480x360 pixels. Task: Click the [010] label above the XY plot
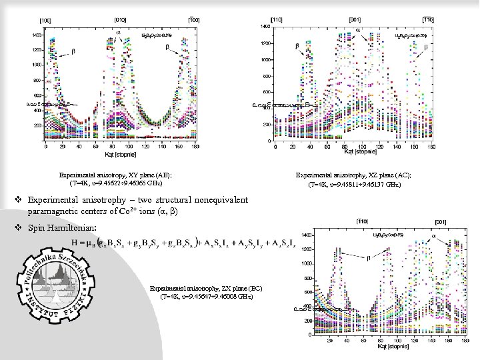122,21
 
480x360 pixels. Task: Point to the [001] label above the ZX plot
441,221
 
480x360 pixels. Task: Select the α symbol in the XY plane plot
119,30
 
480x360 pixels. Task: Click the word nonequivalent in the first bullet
219,200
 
